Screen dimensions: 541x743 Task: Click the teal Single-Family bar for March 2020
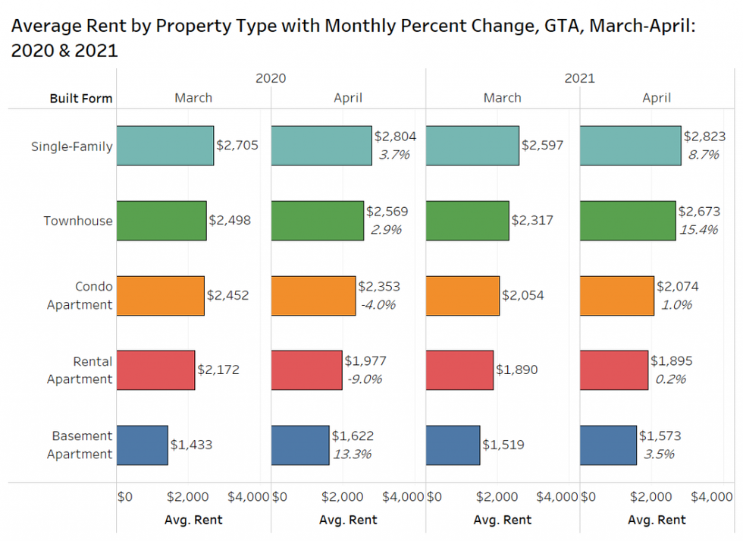[x=165, y=146]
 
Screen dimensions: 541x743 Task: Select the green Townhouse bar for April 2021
[x=627, y=221]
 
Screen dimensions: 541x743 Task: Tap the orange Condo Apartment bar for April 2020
[x=313, y=296]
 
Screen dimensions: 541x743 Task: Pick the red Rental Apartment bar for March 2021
[x=459, y=370]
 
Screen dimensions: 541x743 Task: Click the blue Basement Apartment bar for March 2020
[x=142, y=445]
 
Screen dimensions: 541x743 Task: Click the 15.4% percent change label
[x=698, y=230]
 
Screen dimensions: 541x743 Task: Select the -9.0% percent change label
[x=365, y=379]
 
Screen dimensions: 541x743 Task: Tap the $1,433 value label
[x=191, y=445]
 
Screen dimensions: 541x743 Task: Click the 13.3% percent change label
[x=352, y=455]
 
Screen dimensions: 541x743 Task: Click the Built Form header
[x=81, y=99]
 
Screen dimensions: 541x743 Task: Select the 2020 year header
[x=271, y=78]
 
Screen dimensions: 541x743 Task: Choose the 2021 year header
[x=579, y=78]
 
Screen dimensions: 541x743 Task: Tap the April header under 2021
[x=657, y=98]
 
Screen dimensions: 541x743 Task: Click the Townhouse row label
[x=77, y=222]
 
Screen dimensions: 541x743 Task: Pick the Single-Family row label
[x=71, y=146]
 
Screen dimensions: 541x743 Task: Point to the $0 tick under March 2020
[x=125, y=497]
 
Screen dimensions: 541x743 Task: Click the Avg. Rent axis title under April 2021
[x=657, y=520]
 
